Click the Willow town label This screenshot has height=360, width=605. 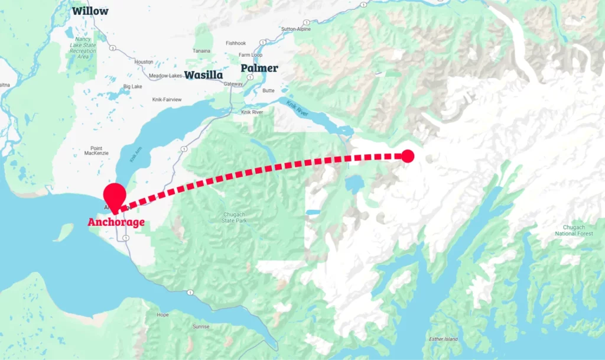[x=90, y=11]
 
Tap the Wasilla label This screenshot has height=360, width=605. [x=203, y=75]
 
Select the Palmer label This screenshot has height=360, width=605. [x=259, y=68]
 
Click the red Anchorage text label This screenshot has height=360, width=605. [x=116, y=222]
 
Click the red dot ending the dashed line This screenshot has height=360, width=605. [x=408, y=156]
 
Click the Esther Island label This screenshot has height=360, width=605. [x=443, y=339]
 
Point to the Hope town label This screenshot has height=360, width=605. [x=162, y=314]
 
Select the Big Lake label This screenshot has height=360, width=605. [x=132, y=86]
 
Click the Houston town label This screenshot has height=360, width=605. [x=144, y=61]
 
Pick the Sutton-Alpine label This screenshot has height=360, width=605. [x=297, y=28]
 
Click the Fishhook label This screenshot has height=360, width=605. [x=236, y=43]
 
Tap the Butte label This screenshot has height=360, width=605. [x=268, y=90]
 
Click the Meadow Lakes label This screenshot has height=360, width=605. [x=165, y=76]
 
